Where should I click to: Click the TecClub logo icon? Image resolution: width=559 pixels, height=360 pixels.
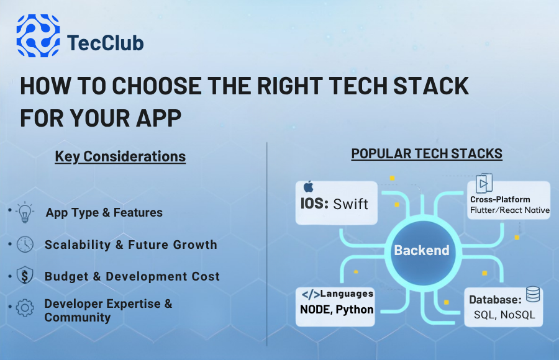pyautogui.click(x=38, y=35)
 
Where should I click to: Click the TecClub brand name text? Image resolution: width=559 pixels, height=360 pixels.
pyautogui.click(x=105, y=43)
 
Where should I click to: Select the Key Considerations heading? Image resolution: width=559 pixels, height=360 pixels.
pyautogui.click(x=120, y=156)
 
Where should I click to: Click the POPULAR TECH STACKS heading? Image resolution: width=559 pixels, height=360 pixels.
pyautogui.click(x=427, y=153)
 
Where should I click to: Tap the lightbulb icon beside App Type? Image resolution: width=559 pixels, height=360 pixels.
pyautogui.click(x=25, y=212)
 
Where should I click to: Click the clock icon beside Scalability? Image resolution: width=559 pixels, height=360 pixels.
pyautogui.click(x=25, y=244)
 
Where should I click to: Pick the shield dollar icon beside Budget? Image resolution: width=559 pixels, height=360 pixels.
pyautogui.click(x=25, y=276)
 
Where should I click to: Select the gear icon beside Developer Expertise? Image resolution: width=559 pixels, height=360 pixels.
pyautogui.click(x=25, y=308)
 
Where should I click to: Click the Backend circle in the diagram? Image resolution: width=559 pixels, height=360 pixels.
pyautogui.click(x=422, y=251)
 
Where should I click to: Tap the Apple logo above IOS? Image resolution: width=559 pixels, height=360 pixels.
pyautogui.click(x=309, y=187)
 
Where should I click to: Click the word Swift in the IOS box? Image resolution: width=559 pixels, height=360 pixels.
pyautogui.click(x=351, y=204)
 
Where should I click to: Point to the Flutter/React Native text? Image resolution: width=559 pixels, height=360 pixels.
pyautogui.click(x=509, y=210)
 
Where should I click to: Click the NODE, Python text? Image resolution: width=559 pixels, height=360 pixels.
pyautogui.click(x=336, y=309)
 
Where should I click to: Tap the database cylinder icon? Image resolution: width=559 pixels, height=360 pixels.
pyautogui.click(x=533, y=294)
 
